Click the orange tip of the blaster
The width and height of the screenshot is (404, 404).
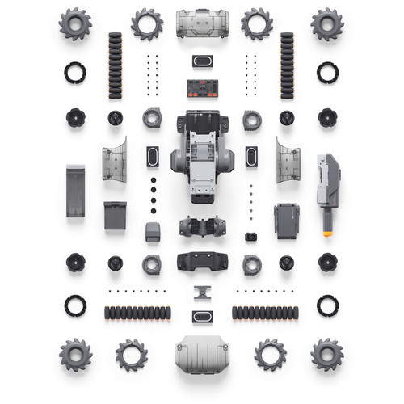(x=328, y=233)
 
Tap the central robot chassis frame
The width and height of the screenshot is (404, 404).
(x=202, y=158)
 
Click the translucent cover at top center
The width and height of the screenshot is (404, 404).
(x=202, y=23)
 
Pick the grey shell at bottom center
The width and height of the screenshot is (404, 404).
(x=202, y=354)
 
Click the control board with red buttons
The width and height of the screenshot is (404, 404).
(x=202, y=86)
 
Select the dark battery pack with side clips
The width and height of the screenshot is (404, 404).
(x=287, y=220)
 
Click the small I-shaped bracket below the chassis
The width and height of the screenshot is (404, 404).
(x=202, y=292)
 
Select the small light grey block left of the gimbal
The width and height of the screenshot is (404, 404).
(x=153, y=232)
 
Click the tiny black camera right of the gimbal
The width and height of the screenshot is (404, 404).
(x=250, y=237)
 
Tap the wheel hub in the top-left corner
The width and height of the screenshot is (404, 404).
(x=75, y=24)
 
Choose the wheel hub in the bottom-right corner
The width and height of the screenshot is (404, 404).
(x=327, y=354)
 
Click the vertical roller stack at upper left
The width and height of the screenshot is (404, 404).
(x=116, y=65)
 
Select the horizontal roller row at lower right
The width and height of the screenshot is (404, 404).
(x=266, y=312)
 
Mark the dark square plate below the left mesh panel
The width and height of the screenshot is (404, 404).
(x=116, y=215)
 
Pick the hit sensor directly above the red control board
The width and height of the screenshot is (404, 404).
(x=202, y=61)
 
